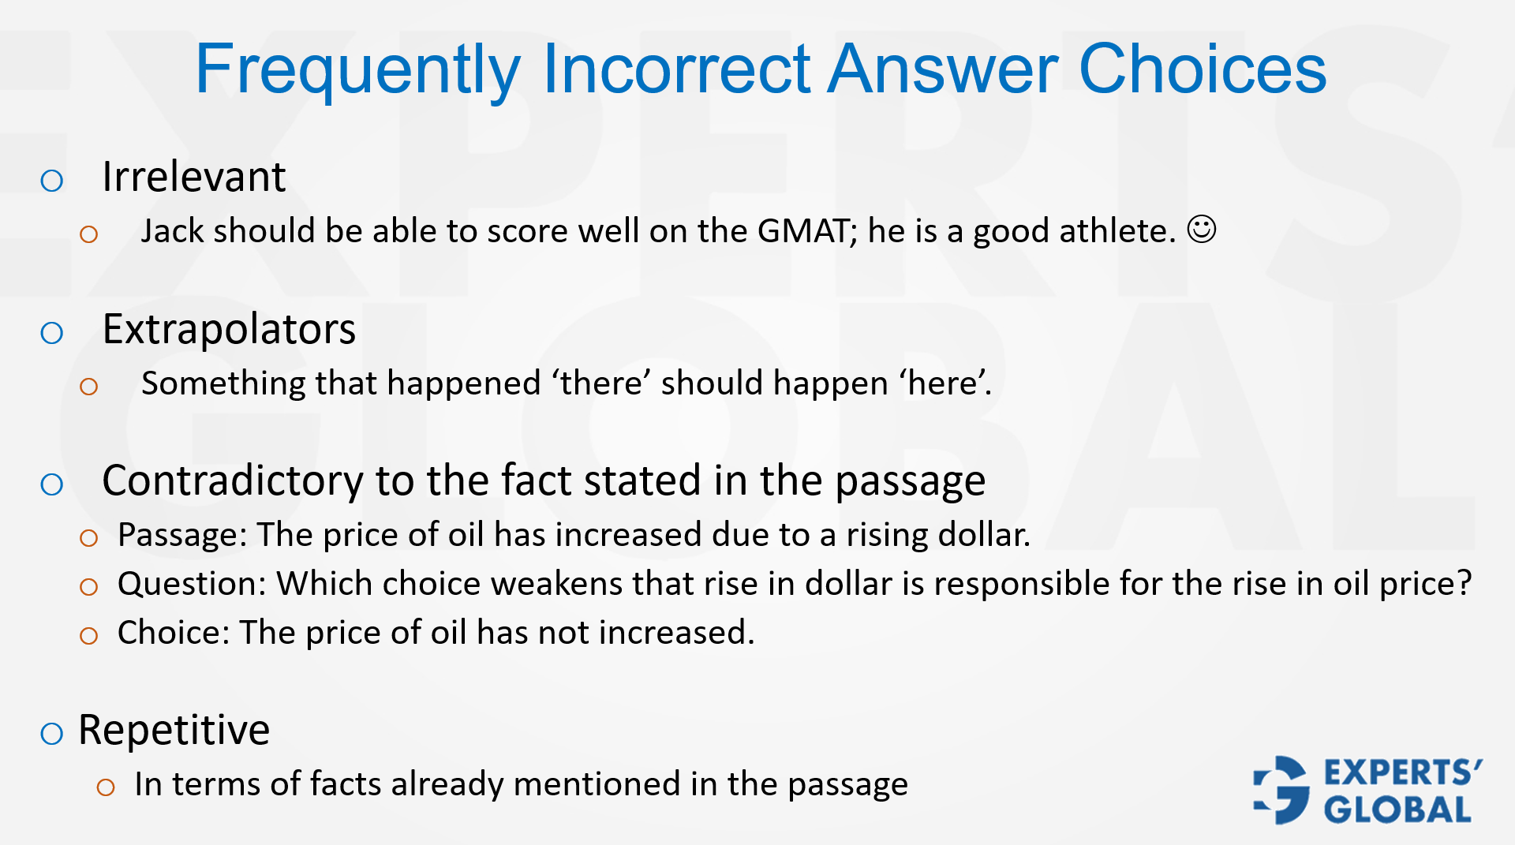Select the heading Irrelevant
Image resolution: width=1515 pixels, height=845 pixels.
tap(193, 177)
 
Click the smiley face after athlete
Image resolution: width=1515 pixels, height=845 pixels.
tap(1202, 230)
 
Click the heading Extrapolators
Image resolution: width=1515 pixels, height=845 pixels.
tap(229, 329)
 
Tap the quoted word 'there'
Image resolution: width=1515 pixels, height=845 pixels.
tap(601, 383)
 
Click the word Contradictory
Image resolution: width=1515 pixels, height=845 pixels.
tap(233, 480)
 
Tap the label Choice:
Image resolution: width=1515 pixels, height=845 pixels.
tap(174, 634)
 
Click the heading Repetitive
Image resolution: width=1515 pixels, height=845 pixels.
tap(174, 730)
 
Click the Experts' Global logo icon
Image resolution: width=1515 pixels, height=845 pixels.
tap(1281, 791)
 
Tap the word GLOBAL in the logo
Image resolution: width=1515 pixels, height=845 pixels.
tap(1397, 810)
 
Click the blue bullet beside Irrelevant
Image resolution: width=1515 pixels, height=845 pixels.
tap(52, 181)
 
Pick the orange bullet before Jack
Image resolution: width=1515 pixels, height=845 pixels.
tap(88, 234)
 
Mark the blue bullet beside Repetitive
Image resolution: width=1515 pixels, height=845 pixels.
tap(52, 734)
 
